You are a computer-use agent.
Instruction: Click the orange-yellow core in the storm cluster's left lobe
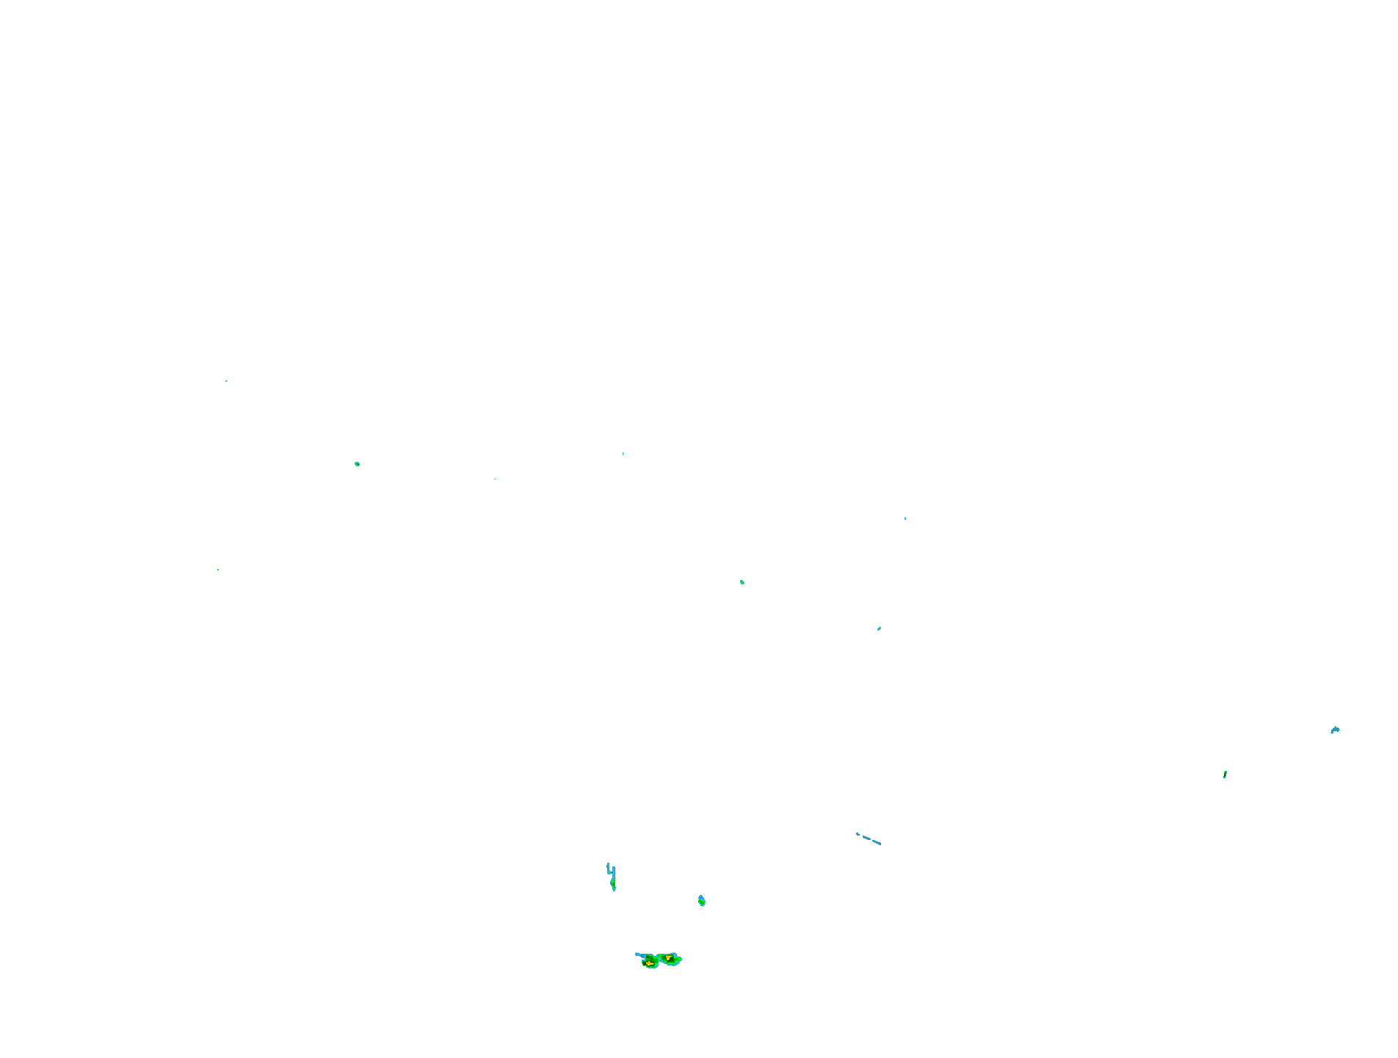(x=649, y=963)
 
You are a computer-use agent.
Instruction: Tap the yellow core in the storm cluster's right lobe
(x=668, y=957)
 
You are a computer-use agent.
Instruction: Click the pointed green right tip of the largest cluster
(x=680, y=960)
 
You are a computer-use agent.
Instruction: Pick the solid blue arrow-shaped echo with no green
(x=1335, y=730)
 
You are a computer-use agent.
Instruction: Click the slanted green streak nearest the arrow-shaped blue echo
(x=1225, y=775)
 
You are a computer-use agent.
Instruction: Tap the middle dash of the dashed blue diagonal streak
(x=866, y=837)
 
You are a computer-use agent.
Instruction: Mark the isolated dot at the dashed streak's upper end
(x=857, y=833)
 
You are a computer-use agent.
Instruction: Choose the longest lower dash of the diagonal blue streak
(x=876, y=841)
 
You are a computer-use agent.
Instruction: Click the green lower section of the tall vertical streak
(x=613, y=884)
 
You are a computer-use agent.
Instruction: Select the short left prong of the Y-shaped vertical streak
(x=608, y=866)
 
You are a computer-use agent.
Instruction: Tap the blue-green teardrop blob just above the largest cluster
(x=701, y=900)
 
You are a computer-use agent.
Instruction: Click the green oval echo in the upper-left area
(x=357, y=464)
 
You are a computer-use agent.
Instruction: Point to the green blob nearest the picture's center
(x=742, y=582)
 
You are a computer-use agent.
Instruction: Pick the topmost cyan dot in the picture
(x=226, y=381)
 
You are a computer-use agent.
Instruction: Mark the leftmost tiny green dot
(x=218, y=570)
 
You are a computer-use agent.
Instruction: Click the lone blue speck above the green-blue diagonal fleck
(x=905, y=518)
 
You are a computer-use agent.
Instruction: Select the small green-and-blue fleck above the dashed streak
(x=879, y=628)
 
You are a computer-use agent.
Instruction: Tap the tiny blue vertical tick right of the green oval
(x=623, y=454)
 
